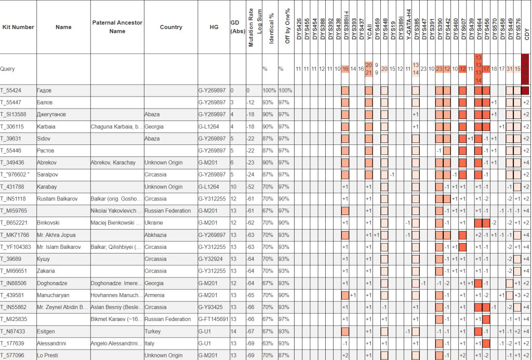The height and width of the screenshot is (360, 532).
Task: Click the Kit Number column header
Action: coord(18,27)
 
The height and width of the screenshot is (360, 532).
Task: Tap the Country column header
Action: coord(171,27)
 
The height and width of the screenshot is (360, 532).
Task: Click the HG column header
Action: coord(214,27)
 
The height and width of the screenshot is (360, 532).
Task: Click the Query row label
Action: coord(7,69)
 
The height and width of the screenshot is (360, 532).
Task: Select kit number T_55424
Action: coord(11,90)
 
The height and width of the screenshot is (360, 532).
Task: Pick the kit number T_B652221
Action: coord(14,222)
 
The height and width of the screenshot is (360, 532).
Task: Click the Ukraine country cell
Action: coord(154,222)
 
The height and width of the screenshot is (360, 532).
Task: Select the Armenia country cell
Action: coord(154,295)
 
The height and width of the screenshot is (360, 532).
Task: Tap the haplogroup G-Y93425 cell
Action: coord(210,307)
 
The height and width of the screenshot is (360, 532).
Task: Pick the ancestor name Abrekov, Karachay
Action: coord(113,163)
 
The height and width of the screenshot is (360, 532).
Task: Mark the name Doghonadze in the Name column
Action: coord(52,283)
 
